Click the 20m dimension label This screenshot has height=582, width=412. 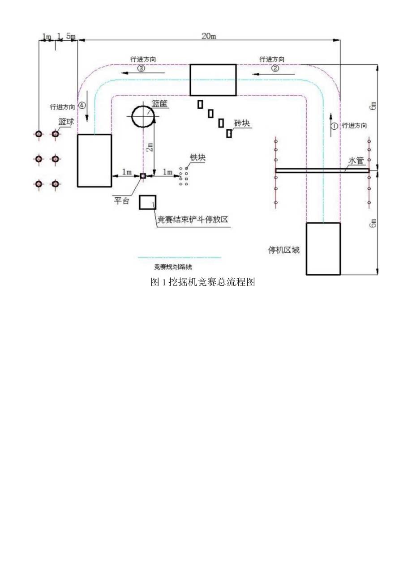tap(208, 36)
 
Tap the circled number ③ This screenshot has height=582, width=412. tap(141, 68)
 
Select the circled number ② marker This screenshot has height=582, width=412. tap(275, 68)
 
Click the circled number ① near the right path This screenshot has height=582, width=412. tap(334, 126)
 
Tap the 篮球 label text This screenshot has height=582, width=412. tap(66, 122)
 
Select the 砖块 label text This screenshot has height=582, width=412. tap(242, 123)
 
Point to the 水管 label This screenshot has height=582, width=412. tap(356, 161)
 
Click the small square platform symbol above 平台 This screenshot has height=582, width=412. tap(143, 176)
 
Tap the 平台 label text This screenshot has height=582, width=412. tap(120, 201)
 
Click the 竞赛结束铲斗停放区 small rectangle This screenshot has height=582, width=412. tap(147, 202)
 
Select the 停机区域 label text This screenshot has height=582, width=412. tap(284, 250)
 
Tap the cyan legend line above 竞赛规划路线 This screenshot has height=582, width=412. tap(179, 258)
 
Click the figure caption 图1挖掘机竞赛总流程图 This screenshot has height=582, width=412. tap(203, 282)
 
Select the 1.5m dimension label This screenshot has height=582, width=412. tap(66, 36)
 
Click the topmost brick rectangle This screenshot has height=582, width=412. tap(200, 104)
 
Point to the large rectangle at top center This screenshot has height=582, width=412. tap(213, 80)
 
